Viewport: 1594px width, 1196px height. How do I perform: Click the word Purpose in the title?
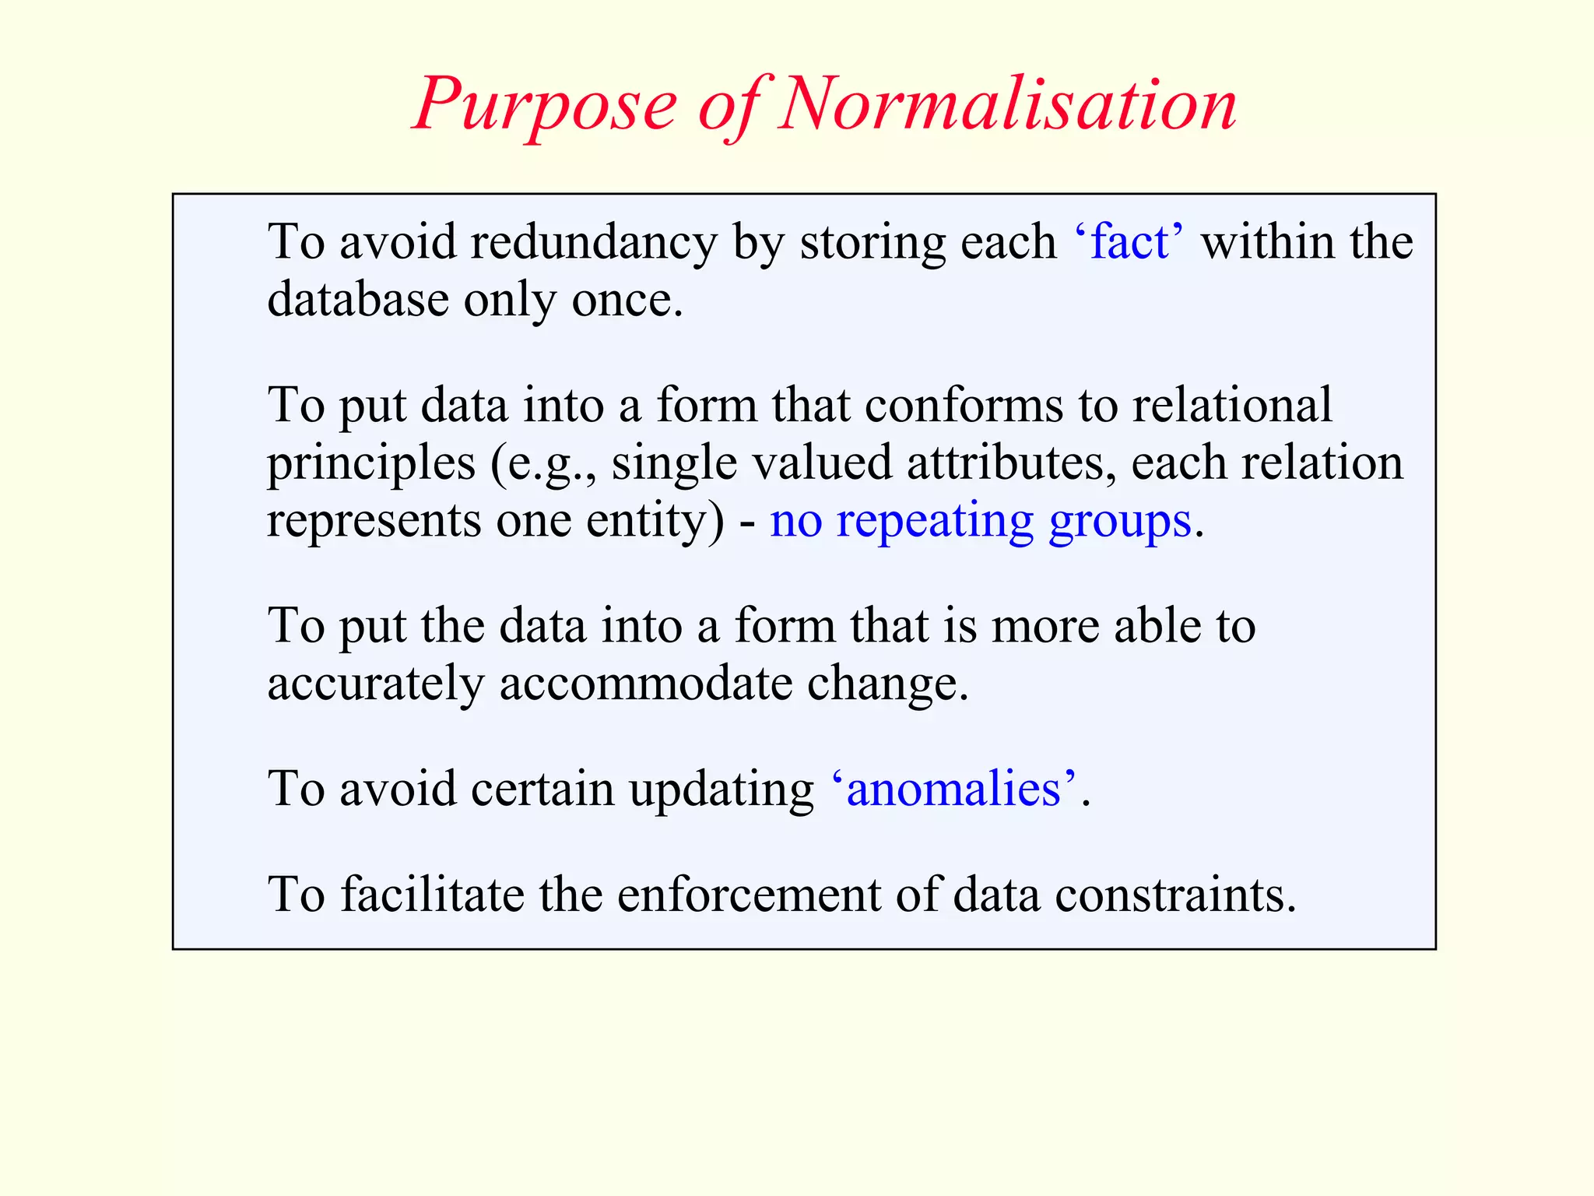point(545,105)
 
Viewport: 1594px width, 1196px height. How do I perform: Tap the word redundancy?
point(593,243)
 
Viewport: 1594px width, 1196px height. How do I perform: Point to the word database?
point(358,299)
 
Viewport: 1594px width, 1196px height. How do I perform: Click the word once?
point(627,301)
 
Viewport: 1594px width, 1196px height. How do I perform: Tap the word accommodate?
point(645,684)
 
